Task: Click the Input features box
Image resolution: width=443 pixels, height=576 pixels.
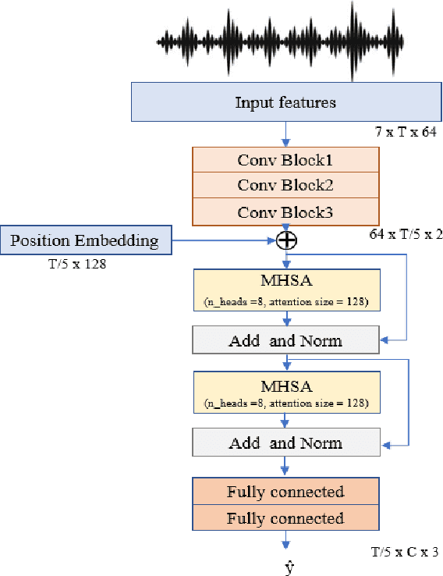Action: [x=285, y=102]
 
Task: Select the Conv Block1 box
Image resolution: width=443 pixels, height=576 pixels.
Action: [x=285, y=161]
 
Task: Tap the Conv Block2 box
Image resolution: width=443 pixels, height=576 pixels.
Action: [x=285, y=186]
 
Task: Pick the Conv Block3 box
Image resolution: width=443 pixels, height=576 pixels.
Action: [x=285, y=211]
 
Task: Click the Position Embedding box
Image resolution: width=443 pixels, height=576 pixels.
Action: [x=86, y=240]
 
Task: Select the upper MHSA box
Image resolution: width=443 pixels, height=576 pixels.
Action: [x=285, y=290]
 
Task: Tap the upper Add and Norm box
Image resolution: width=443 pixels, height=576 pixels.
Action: [x=285, y=340]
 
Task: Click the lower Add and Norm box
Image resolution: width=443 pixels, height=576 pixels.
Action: [x=285, y=443]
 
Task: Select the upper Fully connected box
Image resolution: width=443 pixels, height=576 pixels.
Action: [x=285, y=492]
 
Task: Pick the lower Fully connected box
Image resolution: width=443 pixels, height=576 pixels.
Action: [x=285, y=518]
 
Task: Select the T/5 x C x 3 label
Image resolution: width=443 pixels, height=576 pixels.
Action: [x=404, y=552]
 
